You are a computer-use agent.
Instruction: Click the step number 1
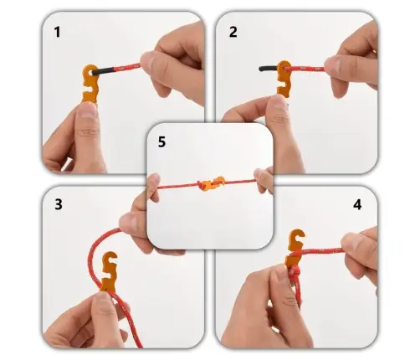pos(57,32)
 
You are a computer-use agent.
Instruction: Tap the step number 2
pos(233,32)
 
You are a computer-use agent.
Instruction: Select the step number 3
pos(59,204)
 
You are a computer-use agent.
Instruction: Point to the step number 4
pos(357,205)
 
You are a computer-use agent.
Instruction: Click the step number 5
pos(161,141)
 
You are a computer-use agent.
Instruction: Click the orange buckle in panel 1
pos(90,84)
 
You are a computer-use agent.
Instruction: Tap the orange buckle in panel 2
pos(284,79)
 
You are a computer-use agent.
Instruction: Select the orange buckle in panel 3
pos(109,271)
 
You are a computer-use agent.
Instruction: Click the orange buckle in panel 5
pos(211,184)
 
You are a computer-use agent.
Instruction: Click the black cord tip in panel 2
pos(268,68)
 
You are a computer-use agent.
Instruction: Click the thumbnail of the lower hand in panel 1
pos(89,111)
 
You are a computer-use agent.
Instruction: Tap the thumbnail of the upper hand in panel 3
pos(129,222)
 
